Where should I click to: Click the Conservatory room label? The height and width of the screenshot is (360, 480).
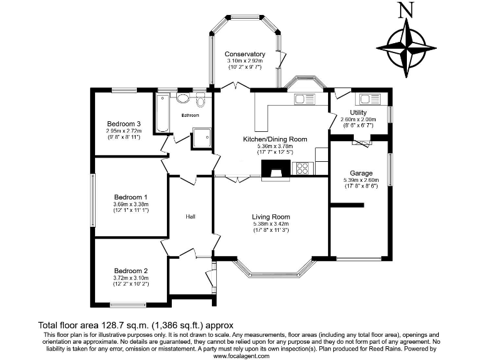tap(245, 54)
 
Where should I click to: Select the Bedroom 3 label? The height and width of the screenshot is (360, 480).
tap(123, 124)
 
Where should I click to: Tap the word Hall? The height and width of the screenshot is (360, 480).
tap(191, 216)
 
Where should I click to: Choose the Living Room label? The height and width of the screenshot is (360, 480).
tap(271, 217)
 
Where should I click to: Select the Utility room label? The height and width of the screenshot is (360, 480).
tap(358, 112)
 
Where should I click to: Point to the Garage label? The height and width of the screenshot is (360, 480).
tap(361, 173)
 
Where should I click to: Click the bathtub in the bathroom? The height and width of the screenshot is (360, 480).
tap(162, 112)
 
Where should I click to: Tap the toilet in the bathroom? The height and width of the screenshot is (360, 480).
tap(200, 101)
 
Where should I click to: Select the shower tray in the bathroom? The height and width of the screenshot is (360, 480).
tap(201, 138)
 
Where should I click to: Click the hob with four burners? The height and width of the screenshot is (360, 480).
tap(304, 167)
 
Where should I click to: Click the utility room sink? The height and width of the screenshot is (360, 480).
tap(365, 99)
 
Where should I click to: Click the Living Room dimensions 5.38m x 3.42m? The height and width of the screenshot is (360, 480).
tap(271, 224)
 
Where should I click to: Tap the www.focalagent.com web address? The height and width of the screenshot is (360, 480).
tap(241, 356)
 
